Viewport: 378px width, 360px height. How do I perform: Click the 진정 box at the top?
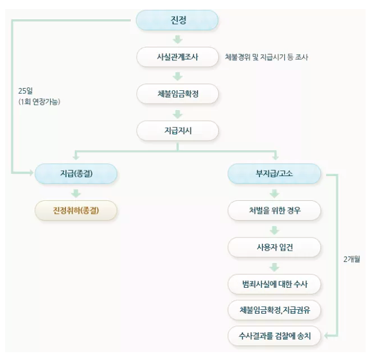pyautogui.click(x=177, y=20)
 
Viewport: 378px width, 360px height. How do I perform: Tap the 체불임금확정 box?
pyautogui.click(x=177, y=94)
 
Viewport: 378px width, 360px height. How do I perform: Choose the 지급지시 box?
pyautogui.click(x=177, y=130)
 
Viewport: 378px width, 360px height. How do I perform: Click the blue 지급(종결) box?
pyautogui.click(x=76, y=174)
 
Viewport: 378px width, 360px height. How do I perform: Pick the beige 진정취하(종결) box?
pyautogui.click(x=76, y=210)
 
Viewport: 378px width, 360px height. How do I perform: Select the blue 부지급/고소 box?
pyautogui.click(x=274, y=174)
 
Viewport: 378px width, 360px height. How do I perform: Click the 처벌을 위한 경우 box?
pyautogui.click(x=274, y=210)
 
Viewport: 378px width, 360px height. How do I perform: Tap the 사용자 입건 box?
pyautogui.click(x=274, y=247)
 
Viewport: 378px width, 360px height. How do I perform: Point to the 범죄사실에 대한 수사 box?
pyautogui.click(x=274, y=283)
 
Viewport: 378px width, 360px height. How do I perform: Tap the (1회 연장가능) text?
pyautogui.click(x=39, y=102)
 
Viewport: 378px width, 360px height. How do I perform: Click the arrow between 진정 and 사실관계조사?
pyautogui.click(x=177, y=39)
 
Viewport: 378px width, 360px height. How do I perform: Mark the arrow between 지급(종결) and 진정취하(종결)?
pyautogui.click(x=76, y=192)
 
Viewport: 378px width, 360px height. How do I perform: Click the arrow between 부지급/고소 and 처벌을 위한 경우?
pyautogui.click(x=274, y=192)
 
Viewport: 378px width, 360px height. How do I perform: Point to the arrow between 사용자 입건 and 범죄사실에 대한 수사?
pyautogui.click(x=274, y=266)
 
